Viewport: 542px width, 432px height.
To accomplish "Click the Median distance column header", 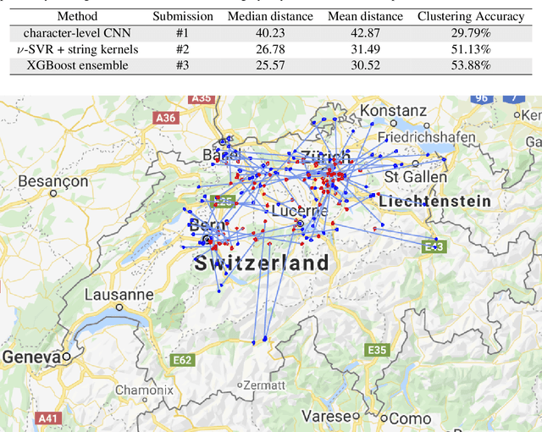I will point(271,16).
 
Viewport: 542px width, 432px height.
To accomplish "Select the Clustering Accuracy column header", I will point(470,16).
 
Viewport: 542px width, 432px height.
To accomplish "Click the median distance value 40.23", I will point(271,32).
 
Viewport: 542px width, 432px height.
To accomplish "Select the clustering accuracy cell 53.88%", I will point(470,64).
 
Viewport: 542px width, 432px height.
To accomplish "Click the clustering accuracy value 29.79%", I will point(470,32).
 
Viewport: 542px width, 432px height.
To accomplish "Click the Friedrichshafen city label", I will point(430,136).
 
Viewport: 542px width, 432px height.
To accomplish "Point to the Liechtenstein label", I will point(434,202).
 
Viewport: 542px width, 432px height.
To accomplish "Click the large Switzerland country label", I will point(262,263).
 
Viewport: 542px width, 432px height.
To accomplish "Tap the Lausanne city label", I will point(119,295).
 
